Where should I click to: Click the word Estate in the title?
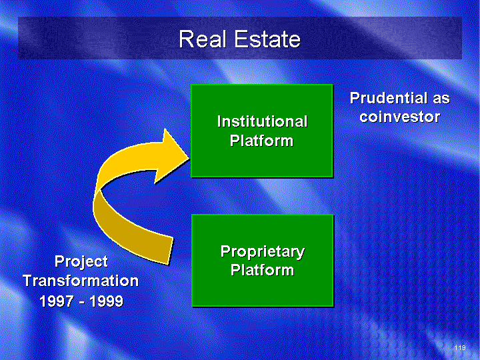click(268, 39)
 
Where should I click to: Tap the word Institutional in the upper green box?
click(263, 121)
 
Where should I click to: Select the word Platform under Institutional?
click(262, 141)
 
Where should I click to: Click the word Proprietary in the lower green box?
click(263, 252)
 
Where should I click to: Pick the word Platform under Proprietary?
click(263, 270)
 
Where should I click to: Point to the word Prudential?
click(389, 98)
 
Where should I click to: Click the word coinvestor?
click(400, 117)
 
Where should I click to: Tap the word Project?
click(81, 262)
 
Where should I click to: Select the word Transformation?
click(81, 281)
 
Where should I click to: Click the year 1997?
click(57, 301)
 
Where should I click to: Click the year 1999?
click(106, 301)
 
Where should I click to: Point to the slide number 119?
click(460, 347)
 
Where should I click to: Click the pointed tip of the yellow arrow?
click(190, 158)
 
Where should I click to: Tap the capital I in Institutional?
click(219, 121)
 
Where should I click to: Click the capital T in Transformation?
click(29, 281)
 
